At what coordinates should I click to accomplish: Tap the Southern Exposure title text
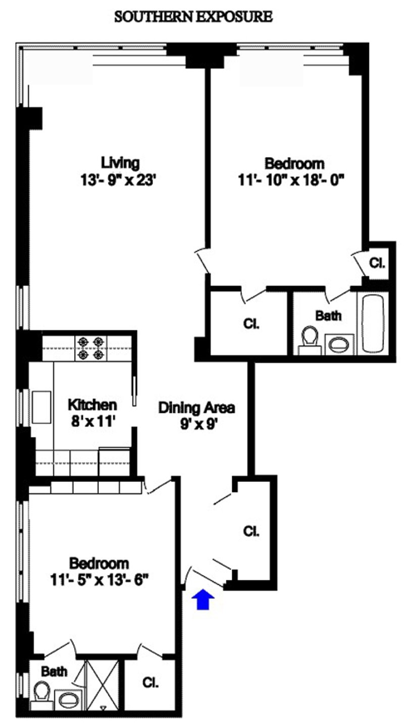coord(194,18)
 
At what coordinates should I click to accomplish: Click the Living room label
coord(120,163)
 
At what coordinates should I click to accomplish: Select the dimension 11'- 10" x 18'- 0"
coord(294,180)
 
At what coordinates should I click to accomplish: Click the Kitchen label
coord(92,404)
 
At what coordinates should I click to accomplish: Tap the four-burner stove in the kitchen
coord(90,348)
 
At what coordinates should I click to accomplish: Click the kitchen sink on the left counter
coord(40,406)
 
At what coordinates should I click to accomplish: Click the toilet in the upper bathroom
coord(309,339)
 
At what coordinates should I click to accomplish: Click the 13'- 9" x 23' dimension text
coord(120,180)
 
